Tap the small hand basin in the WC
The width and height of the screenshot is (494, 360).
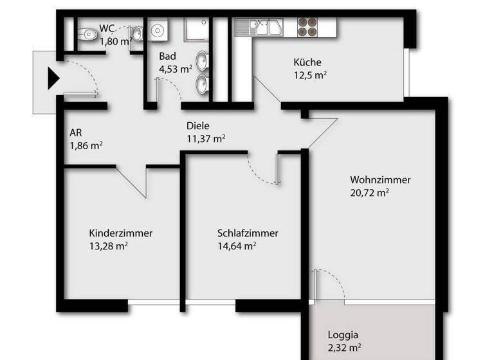pos(137,34)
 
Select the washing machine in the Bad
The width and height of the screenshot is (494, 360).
pos(157,30)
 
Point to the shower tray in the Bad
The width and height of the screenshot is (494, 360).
pos(197,32)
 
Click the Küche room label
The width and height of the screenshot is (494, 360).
pos(307,62)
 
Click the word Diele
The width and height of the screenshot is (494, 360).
pos(198,126)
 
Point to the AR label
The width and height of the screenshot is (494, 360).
pos(76,132)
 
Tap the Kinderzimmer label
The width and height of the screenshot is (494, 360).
pos(121,233)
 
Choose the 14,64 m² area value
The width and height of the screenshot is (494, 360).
pos(237,245)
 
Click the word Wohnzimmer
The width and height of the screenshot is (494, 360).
pos(380,179)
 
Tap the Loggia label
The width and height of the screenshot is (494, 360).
pos(343,334)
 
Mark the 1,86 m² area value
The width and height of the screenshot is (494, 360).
pos(86,145)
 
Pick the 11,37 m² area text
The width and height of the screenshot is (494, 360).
pos(205,138)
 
